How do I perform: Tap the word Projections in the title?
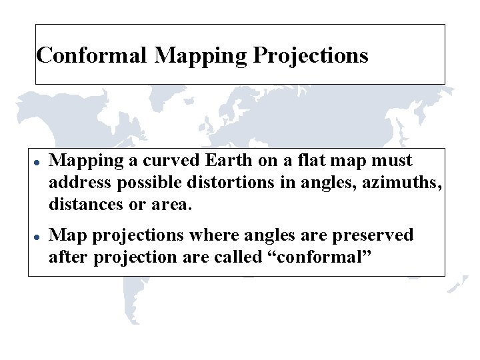[x=311, y=55]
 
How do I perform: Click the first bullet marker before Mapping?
[x=39, y=163]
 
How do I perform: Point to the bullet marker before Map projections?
[x=39, y=237]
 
